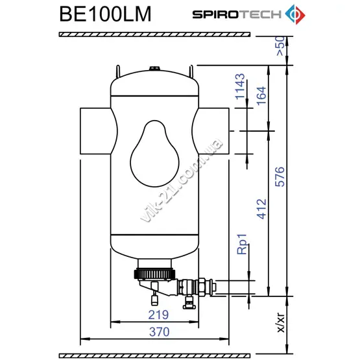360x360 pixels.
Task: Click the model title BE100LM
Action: coord(105,14)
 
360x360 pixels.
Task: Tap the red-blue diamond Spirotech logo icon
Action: coord(295,14)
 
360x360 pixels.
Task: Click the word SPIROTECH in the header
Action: coord(237,14)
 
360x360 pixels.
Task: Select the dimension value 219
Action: coord(158,315)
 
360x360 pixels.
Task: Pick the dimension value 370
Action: coord(160,331)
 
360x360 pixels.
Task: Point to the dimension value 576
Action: coord(280,177)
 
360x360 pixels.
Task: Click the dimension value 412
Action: coord(261,209)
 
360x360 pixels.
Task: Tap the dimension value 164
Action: coord(261,96)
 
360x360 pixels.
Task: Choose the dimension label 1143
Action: coord(241,86)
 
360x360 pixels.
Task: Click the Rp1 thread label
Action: coord(242,244)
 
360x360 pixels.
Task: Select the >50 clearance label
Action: coord(281,46)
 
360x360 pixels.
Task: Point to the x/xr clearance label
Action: coord(281,322)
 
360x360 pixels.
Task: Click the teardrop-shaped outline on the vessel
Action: coord(130,162)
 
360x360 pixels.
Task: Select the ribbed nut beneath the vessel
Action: coord(155,274)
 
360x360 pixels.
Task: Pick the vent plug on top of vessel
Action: coord(154,69)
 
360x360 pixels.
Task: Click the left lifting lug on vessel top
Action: coord(118,71)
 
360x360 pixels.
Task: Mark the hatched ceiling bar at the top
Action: coord(154,34)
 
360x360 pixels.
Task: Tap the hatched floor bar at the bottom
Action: coord(154,356)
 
